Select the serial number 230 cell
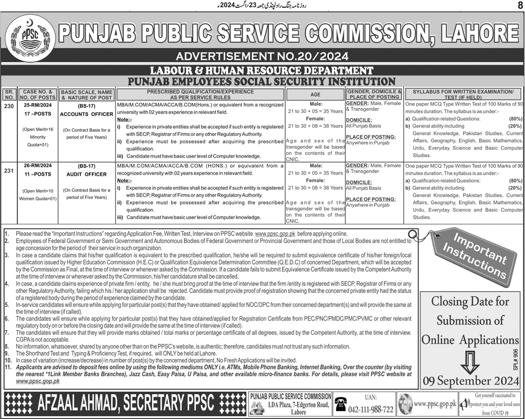point(9,105)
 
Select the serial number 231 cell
point(9,167)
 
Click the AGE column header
point(314,95)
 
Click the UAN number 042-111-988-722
point(370,409)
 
